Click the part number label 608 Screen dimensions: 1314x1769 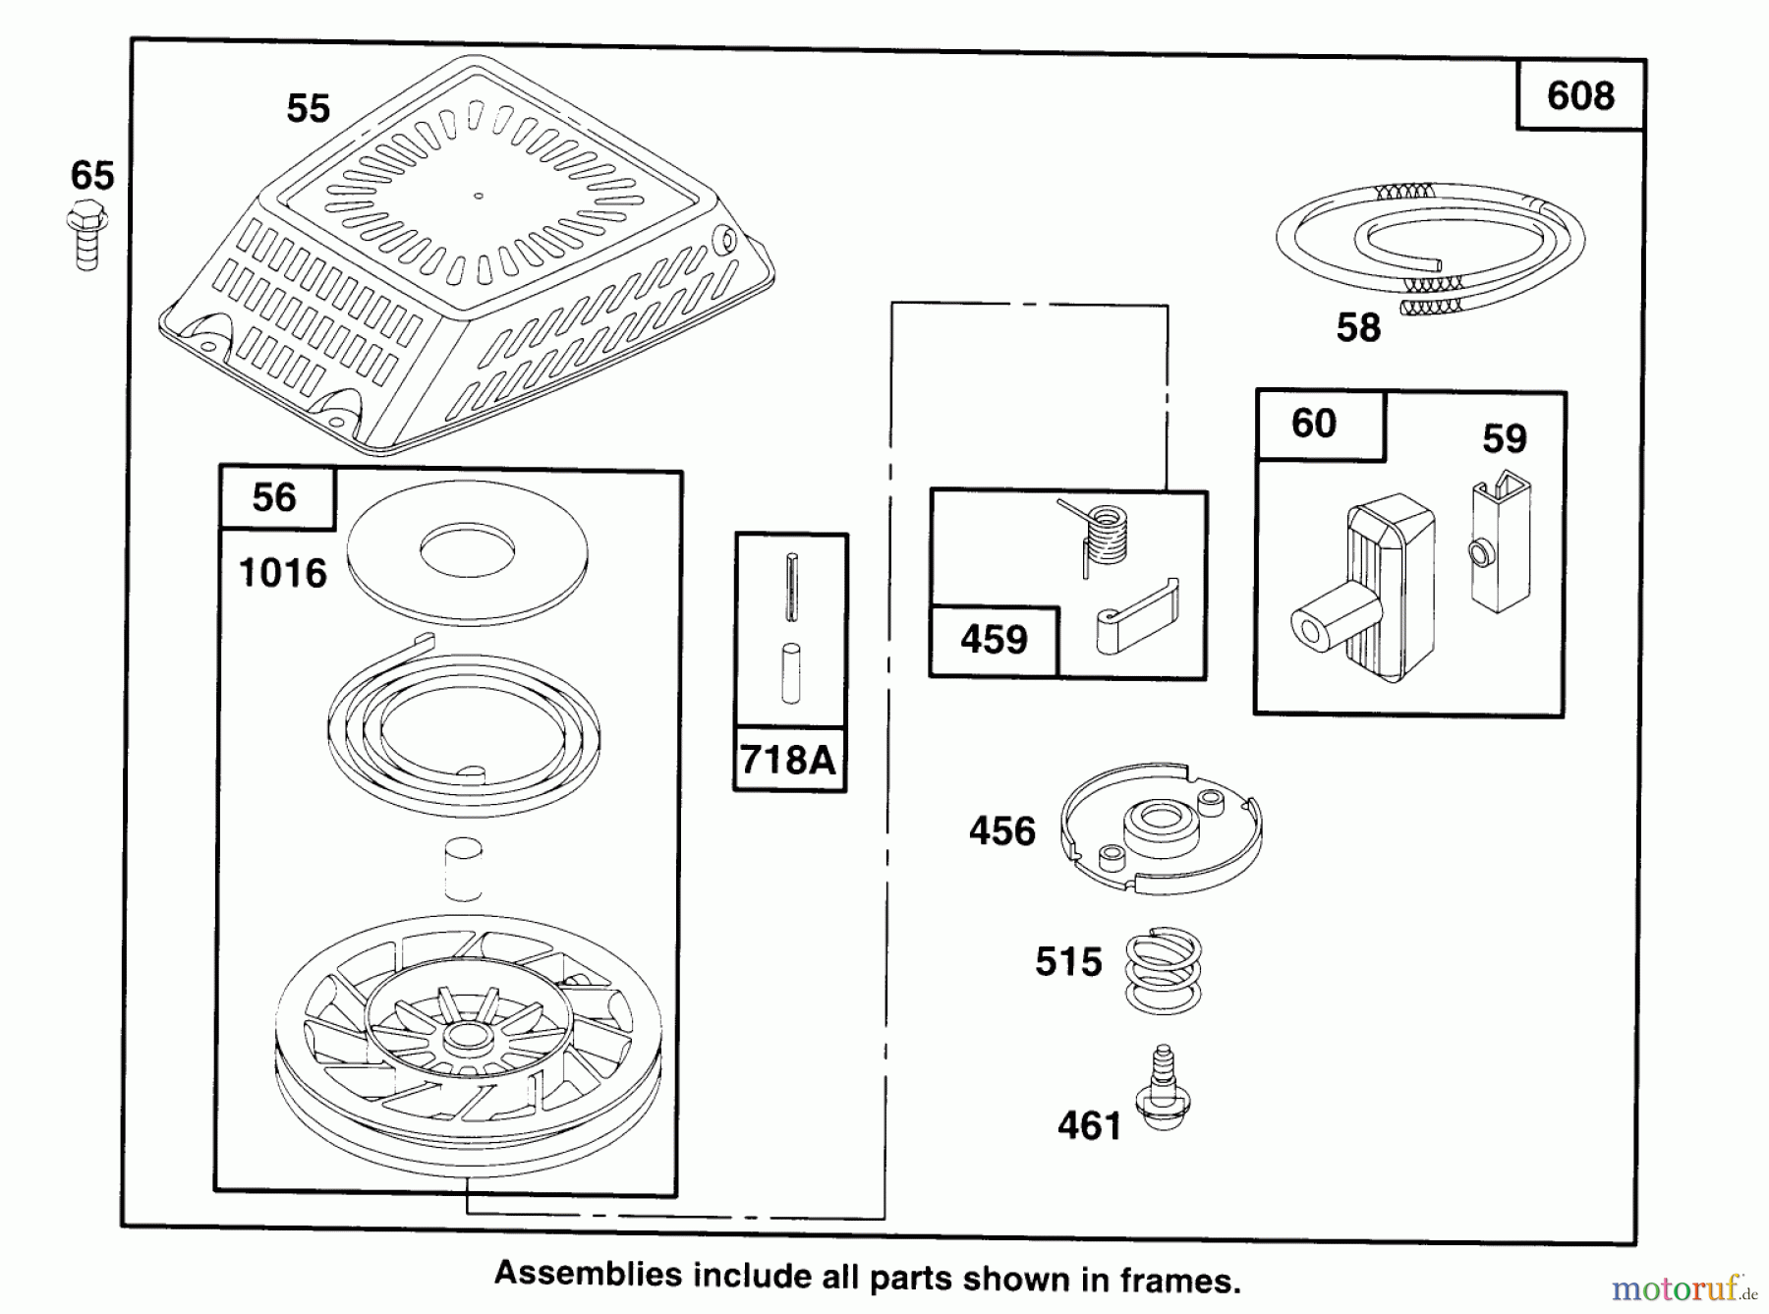[1580, 96]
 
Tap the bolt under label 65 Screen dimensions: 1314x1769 [86, 234]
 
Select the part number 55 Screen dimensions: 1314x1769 [308, 108]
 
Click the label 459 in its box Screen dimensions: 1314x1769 [994, 640]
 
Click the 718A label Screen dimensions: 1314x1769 [788, 759]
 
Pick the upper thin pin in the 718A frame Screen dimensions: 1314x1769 [792, 588]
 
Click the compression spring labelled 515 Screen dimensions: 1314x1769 [1163, 971]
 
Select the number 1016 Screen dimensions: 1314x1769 [283, 573]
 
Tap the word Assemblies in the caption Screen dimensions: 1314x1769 [588, 1275]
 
